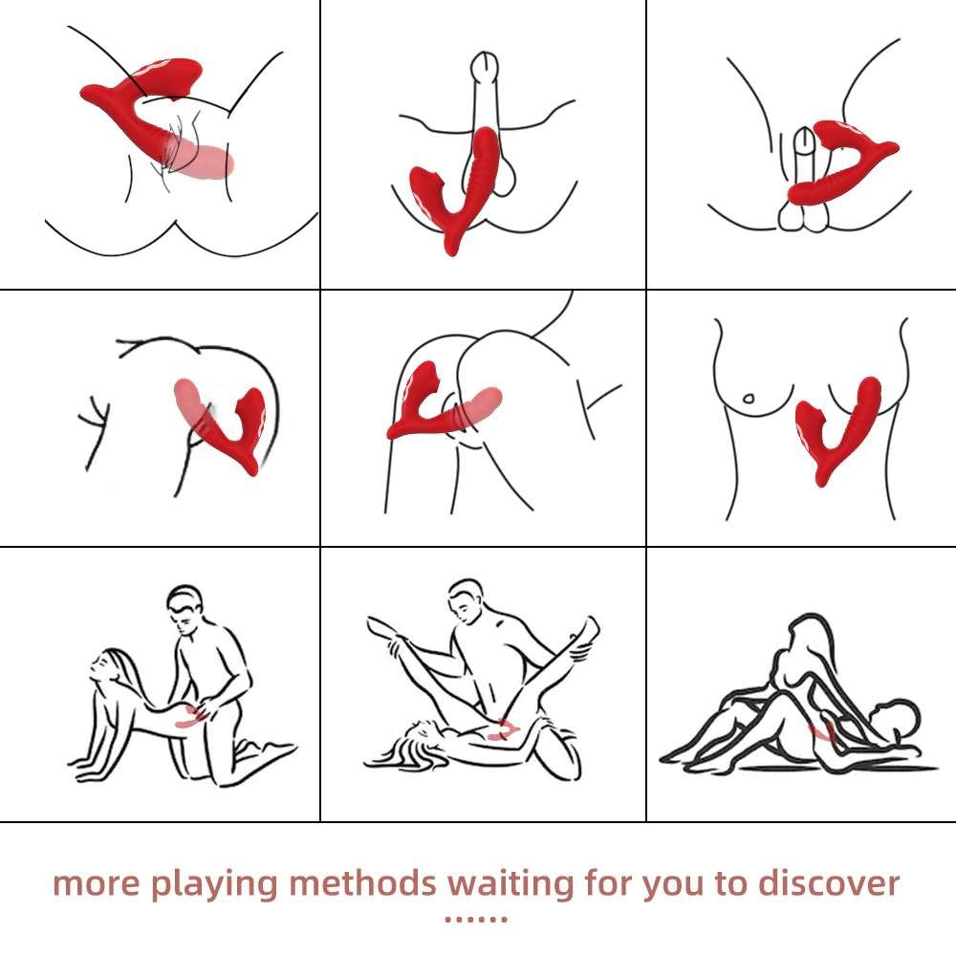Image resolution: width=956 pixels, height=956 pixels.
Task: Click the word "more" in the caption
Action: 97,884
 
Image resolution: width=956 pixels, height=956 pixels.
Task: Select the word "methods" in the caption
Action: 362,882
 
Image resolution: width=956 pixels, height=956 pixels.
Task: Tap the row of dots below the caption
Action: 475,919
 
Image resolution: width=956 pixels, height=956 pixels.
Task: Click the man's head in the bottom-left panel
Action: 185,610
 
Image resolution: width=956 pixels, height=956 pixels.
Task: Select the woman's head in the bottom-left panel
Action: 109,666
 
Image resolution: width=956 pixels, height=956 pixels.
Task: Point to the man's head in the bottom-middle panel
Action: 467,600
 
